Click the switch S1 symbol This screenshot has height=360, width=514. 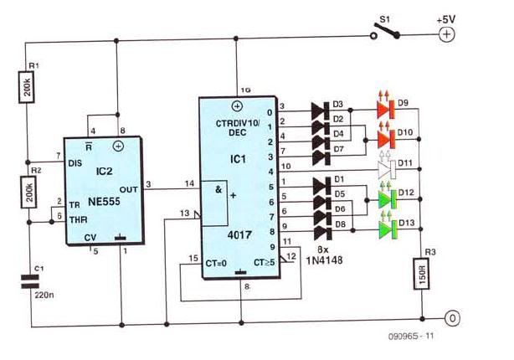(x=385, y=31)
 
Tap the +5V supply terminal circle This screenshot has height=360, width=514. (x=446, y=34)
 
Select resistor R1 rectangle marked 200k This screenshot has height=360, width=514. (x=26, y=87)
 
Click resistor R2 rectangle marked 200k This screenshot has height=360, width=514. (x=28, y=192)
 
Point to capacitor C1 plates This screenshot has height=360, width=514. (x=30, y=282)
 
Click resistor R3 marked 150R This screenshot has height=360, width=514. (x=422, y=274)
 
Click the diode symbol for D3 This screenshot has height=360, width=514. (x=321, y=111)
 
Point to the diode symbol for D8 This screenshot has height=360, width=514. (x=323, y=232)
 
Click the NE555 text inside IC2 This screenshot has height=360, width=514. (x=104, y=202)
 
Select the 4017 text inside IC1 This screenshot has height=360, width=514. (x=239, y=234)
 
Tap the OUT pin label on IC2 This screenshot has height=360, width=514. (x=129, y=189)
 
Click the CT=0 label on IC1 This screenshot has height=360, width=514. (x=216, y=263)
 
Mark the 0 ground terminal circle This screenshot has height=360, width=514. (x=452, y=318)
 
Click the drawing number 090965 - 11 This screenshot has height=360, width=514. (x=411, y=336)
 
